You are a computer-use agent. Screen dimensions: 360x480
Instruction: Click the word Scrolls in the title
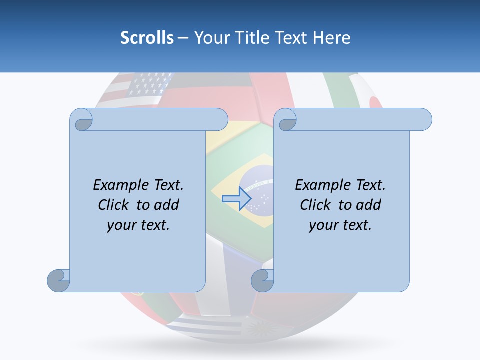point(147,37)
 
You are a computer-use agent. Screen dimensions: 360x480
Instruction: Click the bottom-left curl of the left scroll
point(58,280)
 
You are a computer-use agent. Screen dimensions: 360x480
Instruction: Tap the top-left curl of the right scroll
point(287,120)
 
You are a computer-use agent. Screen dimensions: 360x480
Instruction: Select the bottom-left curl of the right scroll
point(262,280)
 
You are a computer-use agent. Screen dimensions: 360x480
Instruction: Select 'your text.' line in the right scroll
point(340,225)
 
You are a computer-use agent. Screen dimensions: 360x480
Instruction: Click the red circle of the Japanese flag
point(375,102)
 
